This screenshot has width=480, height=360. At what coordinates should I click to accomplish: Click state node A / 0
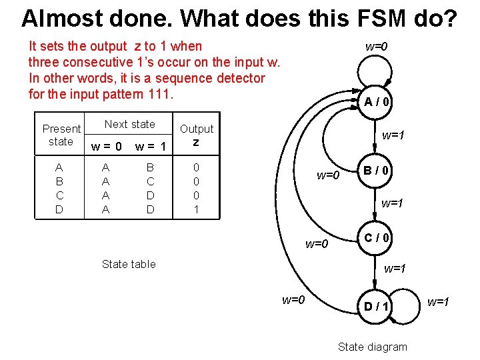click(x=377, y=102)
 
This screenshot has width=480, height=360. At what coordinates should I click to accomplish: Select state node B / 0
click(x=377, y=171)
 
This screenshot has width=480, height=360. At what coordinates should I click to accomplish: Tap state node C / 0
click(x=377, y=238)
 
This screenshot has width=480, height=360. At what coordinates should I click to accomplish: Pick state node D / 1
click(x=376, y=306)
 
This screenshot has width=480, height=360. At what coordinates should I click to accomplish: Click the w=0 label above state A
click(x=376, y=46)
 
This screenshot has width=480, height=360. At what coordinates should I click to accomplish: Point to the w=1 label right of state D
click(x=438, y=302)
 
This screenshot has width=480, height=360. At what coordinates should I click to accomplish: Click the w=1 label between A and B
click(x=393, y=135)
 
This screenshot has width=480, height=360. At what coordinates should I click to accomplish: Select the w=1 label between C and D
click(x=395, y=269)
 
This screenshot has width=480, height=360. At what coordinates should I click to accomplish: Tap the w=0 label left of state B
click(x=328, y=175)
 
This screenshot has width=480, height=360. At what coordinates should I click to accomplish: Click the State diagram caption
click(x=372, y=346)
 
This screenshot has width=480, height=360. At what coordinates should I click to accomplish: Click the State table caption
click(x=129, y=264)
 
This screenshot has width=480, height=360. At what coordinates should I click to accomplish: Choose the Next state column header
click(x=129, y=124)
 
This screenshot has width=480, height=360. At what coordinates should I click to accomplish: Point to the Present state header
click(x=61, y=135)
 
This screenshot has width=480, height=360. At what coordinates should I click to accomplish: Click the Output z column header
click(x=197, y=135)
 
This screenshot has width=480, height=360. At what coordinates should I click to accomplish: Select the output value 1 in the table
click(x=196, y=209)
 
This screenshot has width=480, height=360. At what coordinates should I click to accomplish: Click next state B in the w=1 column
click(x=150, y=167)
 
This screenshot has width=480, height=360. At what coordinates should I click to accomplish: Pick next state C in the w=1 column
click(x=150, y=181)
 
